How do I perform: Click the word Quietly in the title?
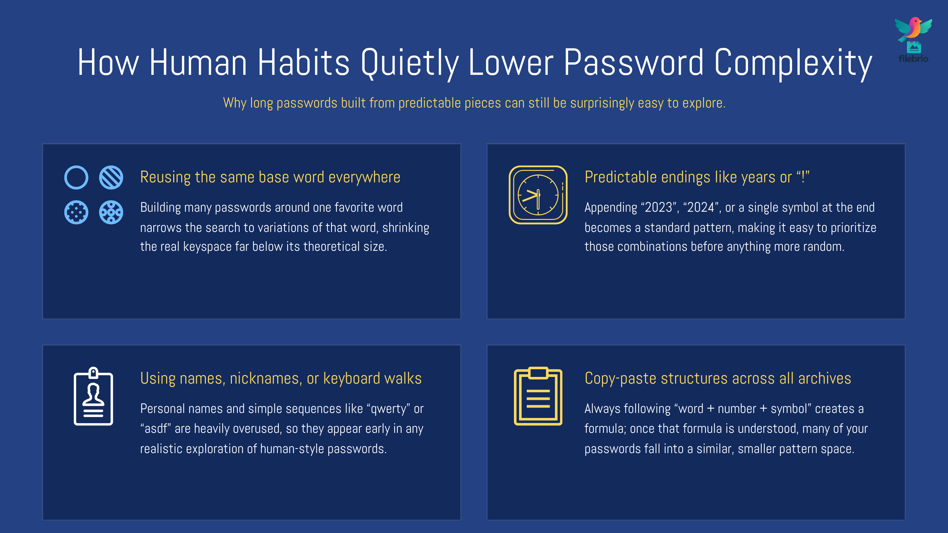coord(409,63)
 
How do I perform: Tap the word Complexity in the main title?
coord(793,63)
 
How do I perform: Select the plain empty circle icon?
coord(76,177)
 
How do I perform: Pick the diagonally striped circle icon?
coord(111,177)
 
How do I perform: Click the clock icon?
coord(538,195)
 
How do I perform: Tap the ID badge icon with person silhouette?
coord(93,396)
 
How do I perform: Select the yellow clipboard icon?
coord(538,396)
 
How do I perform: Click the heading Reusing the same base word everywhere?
coord(270,177)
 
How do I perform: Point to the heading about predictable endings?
coord(697,177)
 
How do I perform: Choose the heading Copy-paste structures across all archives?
coord(717,378)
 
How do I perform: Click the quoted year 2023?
coord(659,207)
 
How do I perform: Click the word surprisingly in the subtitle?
coord(603,103)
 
